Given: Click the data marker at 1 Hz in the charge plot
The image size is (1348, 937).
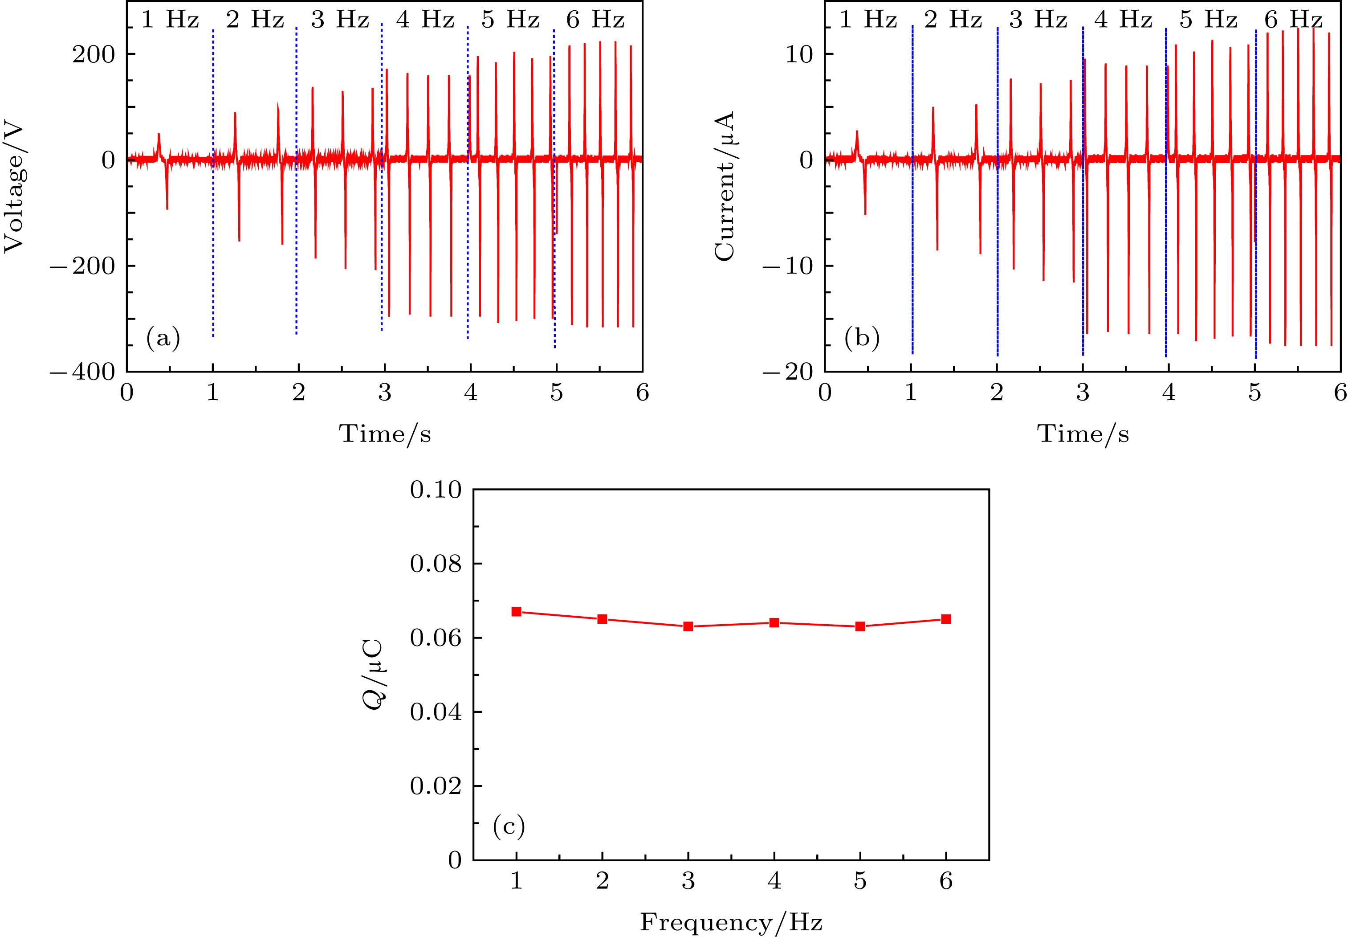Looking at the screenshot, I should click(x=517, y=612).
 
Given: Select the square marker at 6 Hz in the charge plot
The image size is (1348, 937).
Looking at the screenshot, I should click(x=946, y=619).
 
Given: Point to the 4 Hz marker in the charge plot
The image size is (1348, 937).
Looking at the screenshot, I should click(x=774, y=622).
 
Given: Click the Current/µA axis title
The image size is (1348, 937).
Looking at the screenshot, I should click(x=725, y=185).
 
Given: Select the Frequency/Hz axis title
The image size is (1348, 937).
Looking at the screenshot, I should click(x=731, y=922).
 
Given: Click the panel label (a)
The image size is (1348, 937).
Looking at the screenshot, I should click(x=163, y=339).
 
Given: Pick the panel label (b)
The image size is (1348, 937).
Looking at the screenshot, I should click(x=862, y=339).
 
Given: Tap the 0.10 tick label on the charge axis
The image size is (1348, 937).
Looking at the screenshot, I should click(x=436, y=490).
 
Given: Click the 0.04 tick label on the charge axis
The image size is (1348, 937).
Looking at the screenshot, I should click(x=436, y=712).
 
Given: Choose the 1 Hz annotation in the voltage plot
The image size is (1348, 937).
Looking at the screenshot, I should click(x=170, y=20).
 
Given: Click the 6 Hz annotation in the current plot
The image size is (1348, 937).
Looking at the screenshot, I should click(x=1293, y=20).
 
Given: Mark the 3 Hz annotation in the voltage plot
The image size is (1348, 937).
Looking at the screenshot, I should click(x=340, y=20).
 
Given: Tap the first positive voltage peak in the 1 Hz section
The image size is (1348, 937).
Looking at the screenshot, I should click(x=159, y=135).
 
